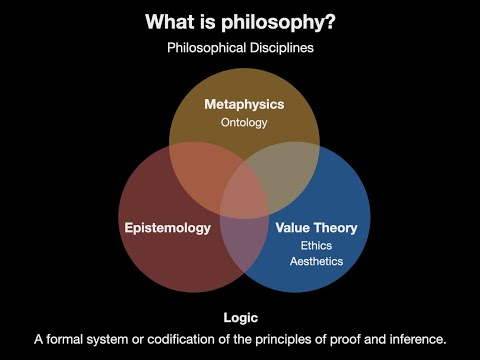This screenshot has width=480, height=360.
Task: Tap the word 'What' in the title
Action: [171, 21]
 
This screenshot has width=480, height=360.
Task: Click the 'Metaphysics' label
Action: [245, 104]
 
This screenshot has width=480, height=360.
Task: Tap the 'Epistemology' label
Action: [168, 227]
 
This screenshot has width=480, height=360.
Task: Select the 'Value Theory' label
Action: [316, 227]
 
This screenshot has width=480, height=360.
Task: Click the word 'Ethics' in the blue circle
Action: [316, 245]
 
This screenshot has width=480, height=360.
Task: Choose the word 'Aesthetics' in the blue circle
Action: [316, 261]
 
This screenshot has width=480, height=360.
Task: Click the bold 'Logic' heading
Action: [240, 317]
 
